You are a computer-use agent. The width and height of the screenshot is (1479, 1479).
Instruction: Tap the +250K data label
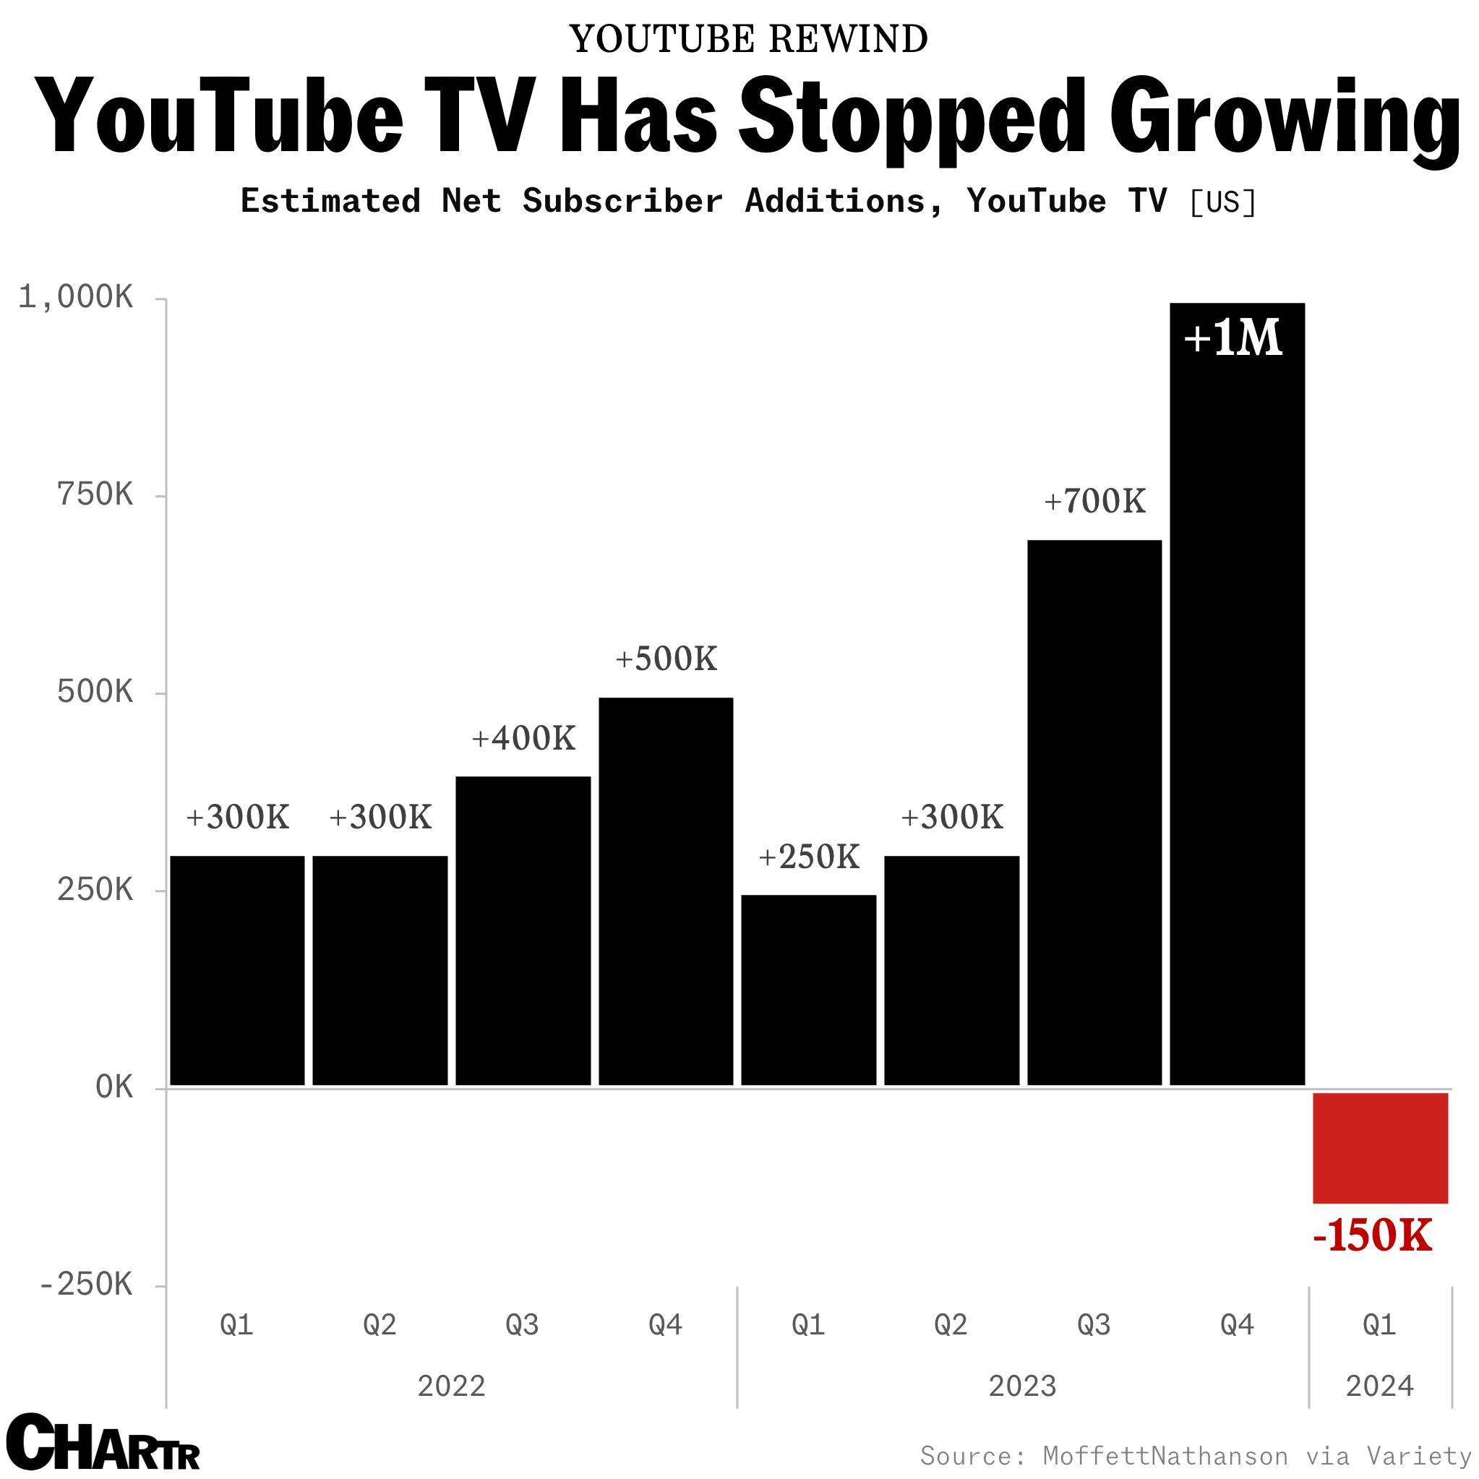(x=808, y=857)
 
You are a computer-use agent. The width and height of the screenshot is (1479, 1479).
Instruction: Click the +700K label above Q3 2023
(x=1094, y=502)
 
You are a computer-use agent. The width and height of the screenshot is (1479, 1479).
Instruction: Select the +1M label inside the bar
(x=1232, y=338)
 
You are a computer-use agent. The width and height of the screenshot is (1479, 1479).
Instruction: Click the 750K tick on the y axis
(x=95, y=495)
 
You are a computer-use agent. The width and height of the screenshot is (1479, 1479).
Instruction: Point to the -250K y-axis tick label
(x=86, y=1285)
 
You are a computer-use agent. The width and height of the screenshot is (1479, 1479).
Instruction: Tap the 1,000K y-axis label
(x=76, y=297)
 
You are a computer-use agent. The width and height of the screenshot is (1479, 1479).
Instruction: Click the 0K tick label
(x=115, y=1087)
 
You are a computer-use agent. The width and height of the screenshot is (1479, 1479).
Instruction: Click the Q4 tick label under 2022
(x=665, y=1324)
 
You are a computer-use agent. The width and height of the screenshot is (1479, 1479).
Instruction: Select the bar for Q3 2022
(x=523, y=930)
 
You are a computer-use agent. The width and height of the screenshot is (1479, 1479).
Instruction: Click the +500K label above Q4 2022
(x=666, y=659)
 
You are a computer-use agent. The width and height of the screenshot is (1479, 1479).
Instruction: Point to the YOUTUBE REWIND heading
(x=748, y=39)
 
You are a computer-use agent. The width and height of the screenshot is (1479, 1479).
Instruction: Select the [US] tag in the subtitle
(x=1222, y=202)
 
